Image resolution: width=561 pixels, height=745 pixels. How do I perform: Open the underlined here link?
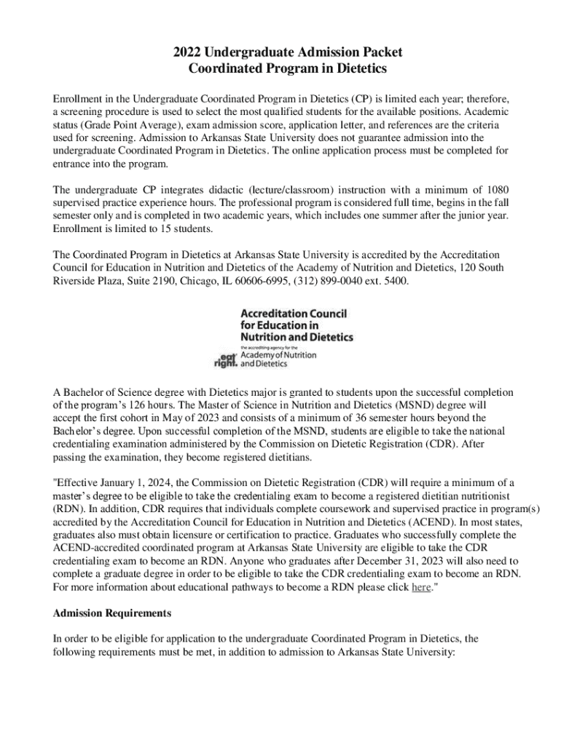click(x=421, y=588)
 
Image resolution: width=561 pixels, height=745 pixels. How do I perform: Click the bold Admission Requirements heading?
click(x=112, y=613)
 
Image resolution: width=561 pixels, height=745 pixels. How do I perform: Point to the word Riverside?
click(x=76, y=281)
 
